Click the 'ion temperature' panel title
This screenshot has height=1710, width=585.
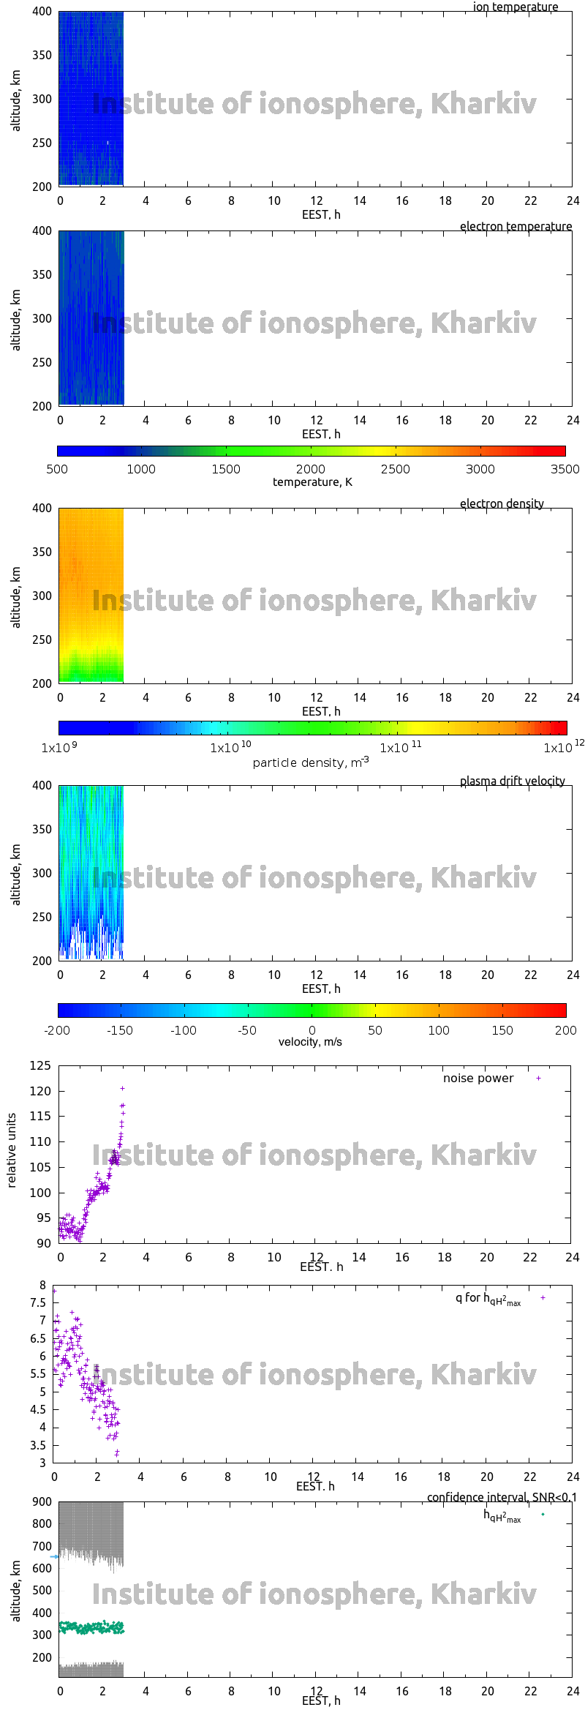pos(515,7)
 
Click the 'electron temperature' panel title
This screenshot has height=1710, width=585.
pos(516,226)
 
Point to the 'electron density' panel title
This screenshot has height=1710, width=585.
pos(502,503)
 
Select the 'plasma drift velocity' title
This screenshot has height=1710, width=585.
pos(512,781)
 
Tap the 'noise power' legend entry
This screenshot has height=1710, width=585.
pos(478,1078)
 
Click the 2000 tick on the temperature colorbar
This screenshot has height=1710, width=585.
pos(311,469)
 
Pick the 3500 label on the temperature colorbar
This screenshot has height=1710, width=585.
pos(565,469)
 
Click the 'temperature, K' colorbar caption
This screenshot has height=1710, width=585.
pos(312,481)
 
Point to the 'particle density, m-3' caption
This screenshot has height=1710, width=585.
pos(311,762)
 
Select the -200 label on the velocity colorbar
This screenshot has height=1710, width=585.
pos(57,1030)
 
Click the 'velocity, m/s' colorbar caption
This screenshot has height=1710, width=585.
pos(310,1041)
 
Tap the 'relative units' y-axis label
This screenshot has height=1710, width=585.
pos(12,1150)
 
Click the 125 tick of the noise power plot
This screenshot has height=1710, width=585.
pos(40,1065)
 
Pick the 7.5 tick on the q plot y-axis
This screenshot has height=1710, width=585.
pos(38,1302)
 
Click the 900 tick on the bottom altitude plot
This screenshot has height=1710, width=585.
pos(42,1501)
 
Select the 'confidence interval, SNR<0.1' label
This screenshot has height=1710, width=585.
pos(502,1497)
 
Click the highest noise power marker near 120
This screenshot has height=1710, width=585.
pos(122,1088)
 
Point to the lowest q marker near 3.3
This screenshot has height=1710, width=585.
pos(117,1455)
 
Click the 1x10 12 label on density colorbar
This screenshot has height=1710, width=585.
pos(562,747)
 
